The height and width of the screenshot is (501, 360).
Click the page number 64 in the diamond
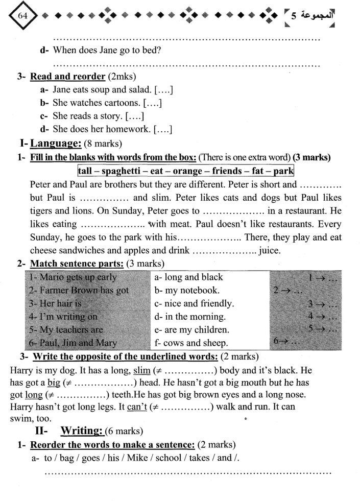[22, 16]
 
